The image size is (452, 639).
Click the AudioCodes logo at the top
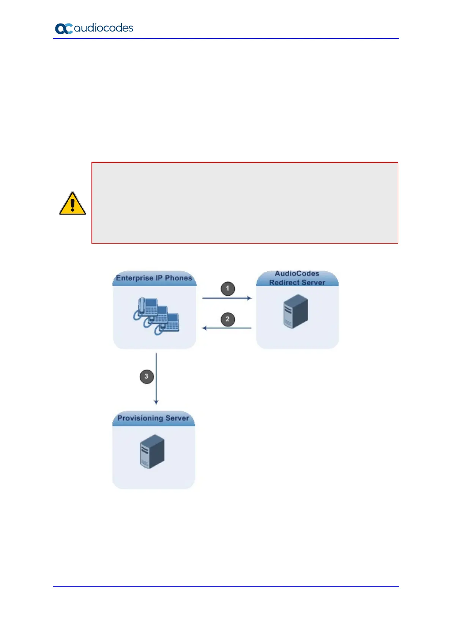pos(94,28)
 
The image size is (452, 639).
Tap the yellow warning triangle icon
pos(72,204)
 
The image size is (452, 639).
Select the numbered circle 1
pos(228,288)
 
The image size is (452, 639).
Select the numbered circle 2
pos(228,319)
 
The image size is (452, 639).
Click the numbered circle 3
pos(146,377)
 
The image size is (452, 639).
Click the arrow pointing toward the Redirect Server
pos(227,298)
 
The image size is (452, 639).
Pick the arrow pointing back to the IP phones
pos(227,328)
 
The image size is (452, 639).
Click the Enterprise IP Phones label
pos(154,278)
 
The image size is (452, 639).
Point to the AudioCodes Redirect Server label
pos(297,278)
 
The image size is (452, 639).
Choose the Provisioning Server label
pos(153,418)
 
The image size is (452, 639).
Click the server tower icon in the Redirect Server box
pos(296,311)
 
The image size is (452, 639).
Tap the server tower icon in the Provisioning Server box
pos(152,452)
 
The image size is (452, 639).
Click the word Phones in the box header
pos(178,278)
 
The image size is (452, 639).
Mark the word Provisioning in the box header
pos(140,418)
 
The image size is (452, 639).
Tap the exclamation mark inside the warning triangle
pos(72,205)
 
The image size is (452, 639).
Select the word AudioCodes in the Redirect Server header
pos(297,274)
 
